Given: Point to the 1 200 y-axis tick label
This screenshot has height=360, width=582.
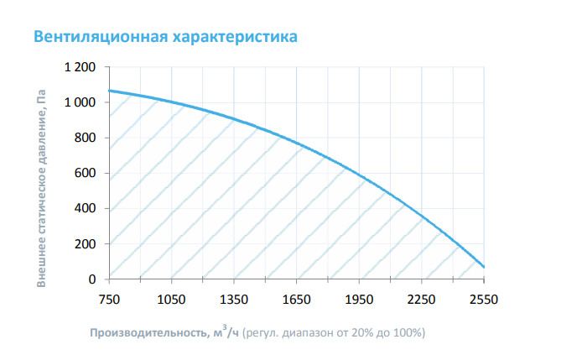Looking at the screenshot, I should (82, 67).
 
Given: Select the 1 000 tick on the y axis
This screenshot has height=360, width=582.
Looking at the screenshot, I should (82, 102).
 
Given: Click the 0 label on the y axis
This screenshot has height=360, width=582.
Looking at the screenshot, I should (93, 279).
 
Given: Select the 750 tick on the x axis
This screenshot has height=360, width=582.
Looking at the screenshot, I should (109, 300).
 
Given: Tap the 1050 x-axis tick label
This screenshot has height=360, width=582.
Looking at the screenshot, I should (171, 300).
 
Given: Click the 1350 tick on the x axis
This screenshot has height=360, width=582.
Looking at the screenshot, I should (234, 300).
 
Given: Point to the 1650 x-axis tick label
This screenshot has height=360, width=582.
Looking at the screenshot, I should (297, 300).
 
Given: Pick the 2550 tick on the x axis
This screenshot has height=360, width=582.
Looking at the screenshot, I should (484, 300).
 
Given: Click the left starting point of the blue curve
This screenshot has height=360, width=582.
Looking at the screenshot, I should (110, 90).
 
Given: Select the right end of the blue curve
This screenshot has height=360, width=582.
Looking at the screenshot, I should (484, 267).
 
